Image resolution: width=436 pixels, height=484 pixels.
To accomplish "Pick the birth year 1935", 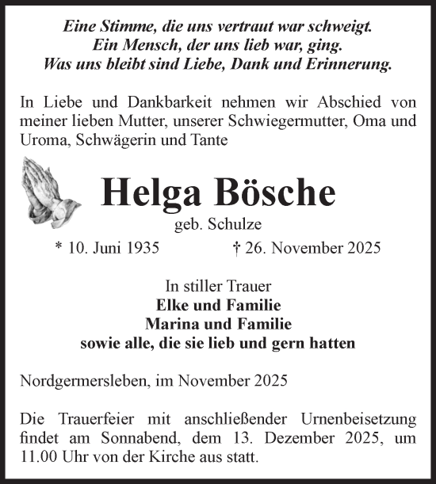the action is click(142, 248).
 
